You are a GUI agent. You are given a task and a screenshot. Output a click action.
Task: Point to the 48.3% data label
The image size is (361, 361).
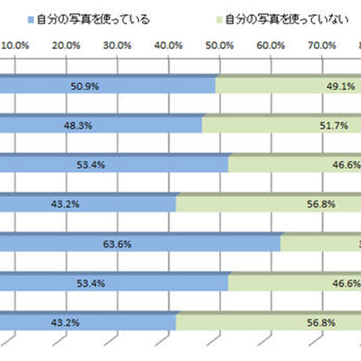tap(100, 126)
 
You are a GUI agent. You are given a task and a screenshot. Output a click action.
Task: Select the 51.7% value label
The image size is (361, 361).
tap(335, 126)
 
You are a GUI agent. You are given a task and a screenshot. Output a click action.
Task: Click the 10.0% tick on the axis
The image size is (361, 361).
tap(16, 46)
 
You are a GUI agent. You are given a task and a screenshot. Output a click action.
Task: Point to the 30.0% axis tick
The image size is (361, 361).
tap(118, 46)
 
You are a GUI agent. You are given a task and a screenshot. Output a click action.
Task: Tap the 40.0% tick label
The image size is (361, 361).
tap(168, 46)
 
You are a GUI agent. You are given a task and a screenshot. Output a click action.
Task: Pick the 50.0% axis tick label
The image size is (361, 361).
tap(220, 46)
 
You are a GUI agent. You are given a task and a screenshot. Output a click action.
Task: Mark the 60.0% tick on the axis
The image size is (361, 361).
tap(270, 46)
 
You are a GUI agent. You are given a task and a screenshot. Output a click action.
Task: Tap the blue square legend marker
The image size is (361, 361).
tap(29, 19)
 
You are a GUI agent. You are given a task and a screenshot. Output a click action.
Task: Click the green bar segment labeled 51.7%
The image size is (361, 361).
tap(286, 126)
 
